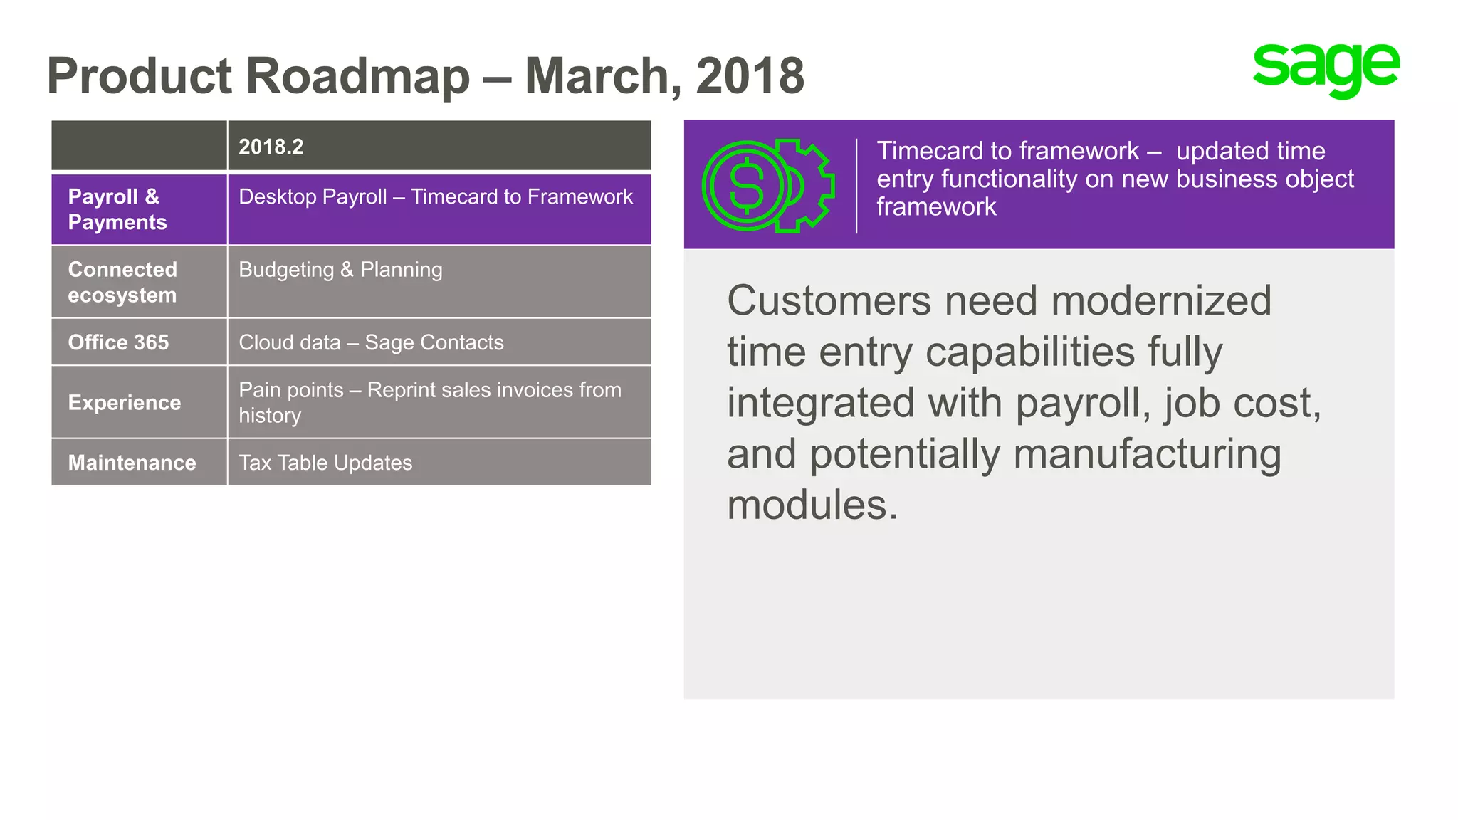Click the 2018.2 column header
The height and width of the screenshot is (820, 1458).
point(271,147)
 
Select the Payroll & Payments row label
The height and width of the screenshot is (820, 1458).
point(117,209)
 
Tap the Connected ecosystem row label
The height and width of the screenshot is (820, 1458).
point(122,282)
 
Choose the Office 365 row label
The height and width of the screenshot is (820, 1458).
point(118,342)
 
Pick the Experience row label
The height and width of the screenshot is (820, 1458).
point(125,402)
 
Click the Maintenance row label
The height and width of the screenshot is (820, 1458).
point(132,463)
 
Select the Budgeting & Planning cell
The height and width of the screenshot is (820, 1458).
point(340,270)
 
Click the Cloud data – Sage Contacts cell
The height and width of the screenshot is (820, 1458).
point(371,342)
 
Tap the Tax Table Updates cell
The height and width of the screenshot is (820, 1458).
point(325,463)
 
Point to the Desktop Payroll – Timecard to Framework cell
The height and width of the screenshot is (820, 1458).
point(435,196)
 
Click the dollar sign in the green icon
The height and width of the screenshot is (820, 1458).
point(746,186)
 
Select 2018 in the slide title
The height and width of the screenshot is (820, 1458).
point(750,75)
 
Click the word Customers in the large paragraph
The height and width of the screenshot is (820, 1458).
point(829,300)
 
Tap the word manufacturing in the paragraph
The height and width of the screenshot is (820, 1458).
point(1147,454)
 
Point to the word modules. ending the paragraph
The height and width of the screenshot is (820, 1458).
point(812,505)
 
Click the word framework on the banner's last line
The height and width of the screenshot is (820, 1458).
point(936,207)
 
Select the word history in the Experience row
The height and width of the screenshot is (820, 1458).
point(270,416)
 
